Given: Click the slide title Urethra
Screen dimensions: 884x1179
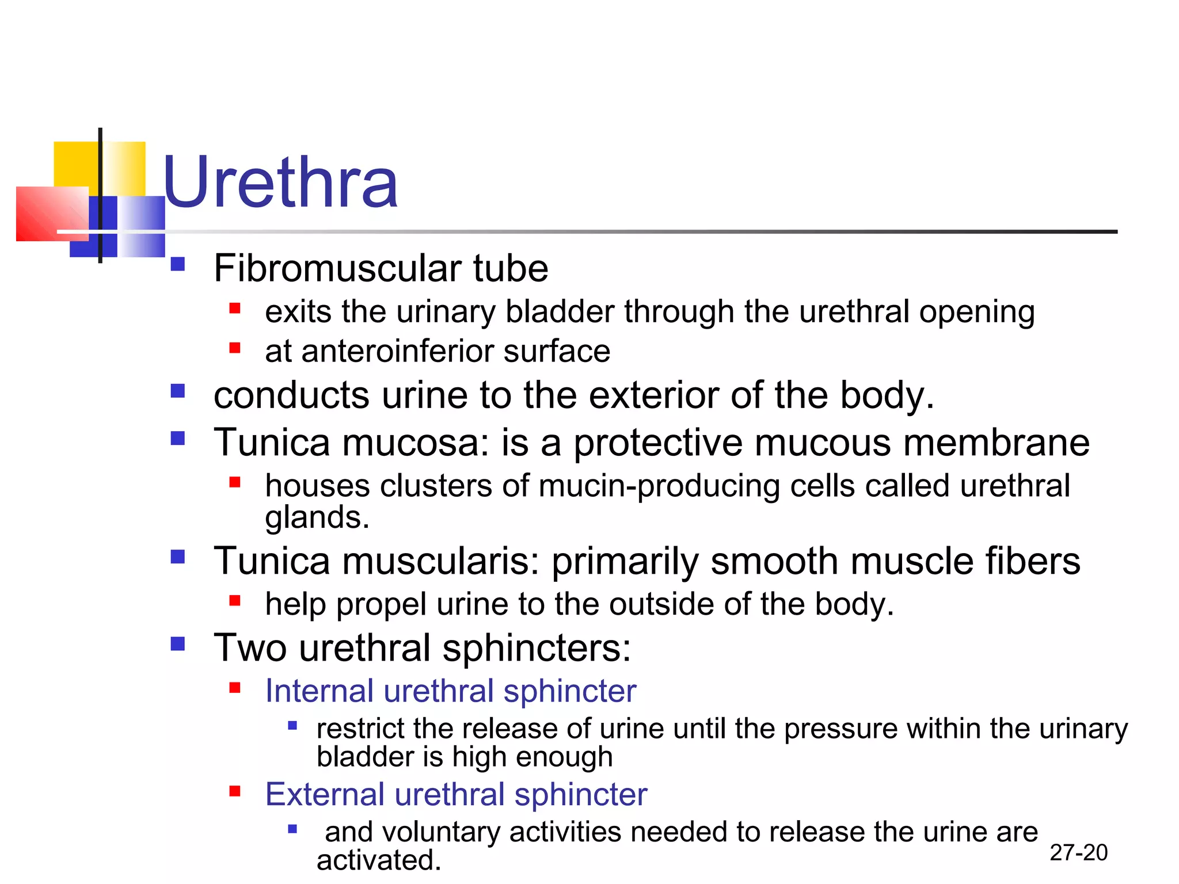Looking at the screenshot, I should tap(280, 183).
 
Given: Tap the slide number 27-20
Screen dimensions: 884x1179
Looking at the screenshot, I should tap(1078, 852).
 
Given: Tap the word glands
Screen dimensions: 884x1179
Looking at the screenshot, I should tap(316, 517).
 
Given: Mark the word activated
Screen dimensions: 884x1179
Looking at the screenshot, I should tap(378, 860).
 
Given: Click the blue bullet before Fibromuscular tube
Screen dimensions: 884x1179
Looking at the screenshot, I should tap(178, 264).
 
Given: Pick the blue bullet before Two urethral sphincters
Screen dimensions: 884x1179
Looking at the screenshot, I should tap(178, 643).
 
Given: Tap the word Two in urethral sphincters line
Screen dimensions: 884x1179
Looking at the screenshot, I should tap(250, 648).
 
